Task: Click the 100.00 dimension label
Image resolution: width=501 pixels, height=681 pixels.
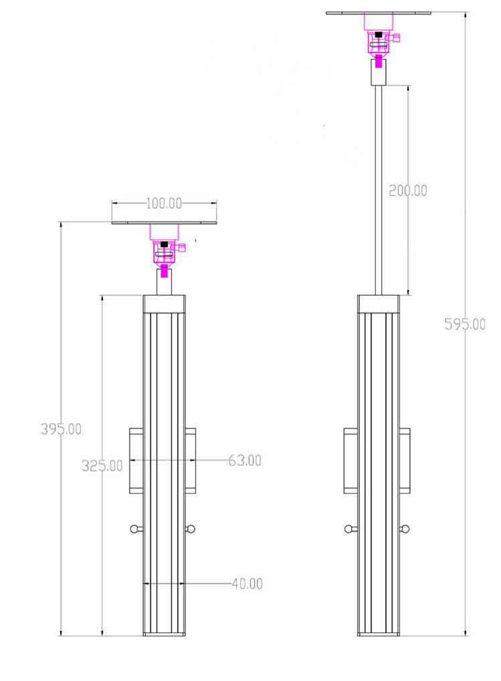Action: pyautogui.click(x=163, y=204)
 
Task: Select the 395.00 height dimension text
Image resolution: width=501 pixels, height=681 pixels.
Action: pyautogui.click(x=61, y=429)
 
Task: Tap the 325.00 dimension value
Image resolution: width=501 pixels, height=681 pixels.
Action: pyautogui.click(x=102, y=465)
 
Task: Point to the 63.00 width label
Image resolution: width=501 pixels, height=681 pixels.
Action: pyautogui.click(x=245, y=461)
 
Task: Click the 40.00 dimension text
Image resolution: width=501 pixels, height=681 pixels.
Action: pyautogui.click(x=247, y=584)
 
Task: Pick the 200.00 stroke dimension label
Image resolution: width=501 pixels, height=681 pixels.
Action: pyautogui.click(x=408, y=190)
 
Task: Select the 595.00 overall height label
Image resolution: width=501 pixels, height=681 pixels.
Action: pyautogui.click(x=465, y=324)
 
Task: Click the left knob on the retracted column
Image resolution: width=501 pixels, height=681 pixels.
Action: pyautogui.click(x=136, y=529)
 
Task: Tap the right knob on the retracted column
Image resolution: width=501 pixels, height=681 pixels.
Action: pyautogui.click(x=190, y=528)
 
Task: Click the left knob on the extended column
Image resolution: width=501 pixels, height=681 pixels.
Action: pyautogui.click(x=350, y=529)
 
